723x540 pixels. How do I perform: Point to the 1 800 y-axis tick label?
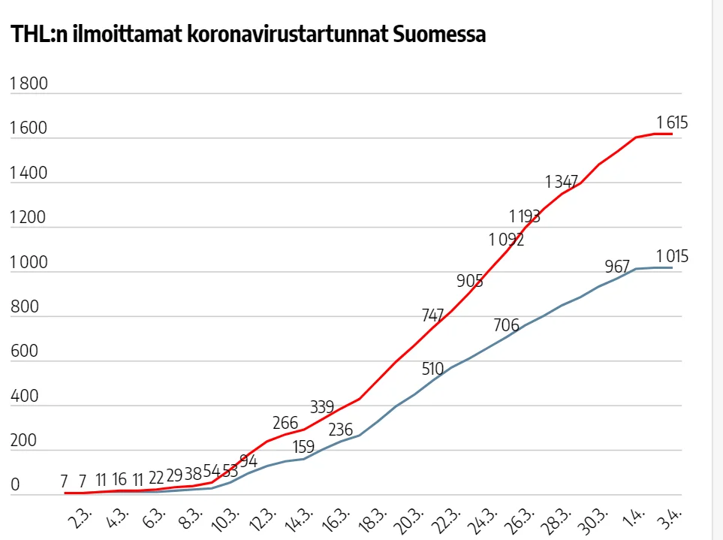point(29,83)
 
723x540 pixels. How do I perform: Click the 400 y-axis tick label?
point(23,397)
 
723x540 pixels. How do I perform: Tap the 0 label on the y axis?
point(14,485)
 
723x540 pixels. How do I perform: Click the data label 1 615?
point(672,122)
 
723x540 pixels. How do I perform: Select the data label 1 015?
point(672,257)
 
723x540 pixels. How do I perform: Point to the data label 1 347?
point(562,181)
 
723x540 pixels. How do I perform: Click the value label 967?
point(617,267)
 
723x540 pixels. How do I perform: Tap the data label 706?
point(507,325)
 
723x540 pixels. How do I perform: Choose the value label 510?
point(432,369)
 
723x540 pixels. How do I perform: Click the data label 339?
point(322,407)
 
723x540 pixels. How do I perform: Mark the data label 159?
point(303,447)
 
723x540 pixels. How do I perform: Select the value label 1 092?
point(506,240)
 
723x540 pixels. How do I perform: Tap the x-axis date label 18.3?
point(374,520)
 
